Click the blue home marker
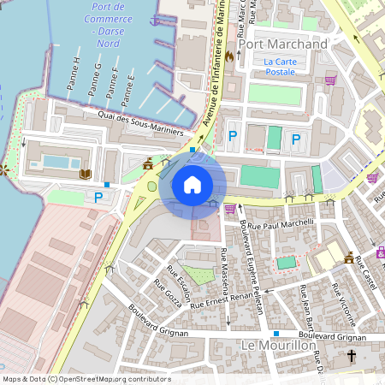(x=192, y=184)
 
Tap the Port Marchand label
(x=282, y=44)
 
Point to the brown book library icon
(x=85, y=175)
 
